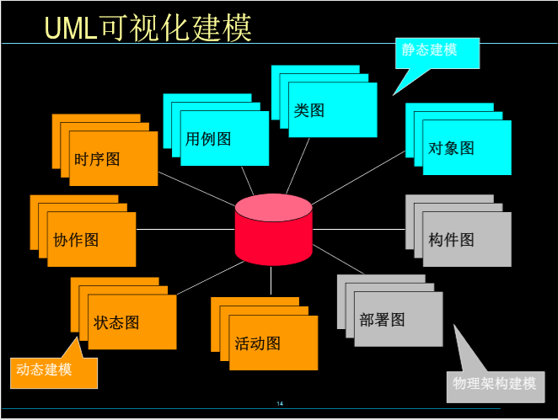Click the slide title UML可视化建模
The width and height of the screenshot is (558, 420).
[x=148, y=28]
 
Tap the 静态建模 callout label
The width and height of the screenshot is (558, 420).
[x=429, y=50]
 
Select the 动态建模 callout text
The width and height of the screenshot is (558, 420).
[x=44, y=369]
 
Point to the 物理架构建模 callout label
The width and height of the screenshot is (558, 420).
[x=494, y=384]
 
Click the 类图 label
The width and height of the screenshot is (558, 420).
[x=309, y=110]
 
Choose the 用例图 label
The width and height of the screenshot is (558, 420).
[x=208, y=139]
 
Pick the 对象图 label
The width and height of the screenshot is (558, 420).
[x=451, y=148]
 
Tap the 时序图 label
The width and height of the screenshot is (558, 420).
[x=97, y=159]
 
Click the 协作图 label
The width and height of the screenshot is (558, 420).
[x=76, y=240]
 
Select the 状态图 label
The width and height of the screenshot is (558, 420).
[x=116, y=322]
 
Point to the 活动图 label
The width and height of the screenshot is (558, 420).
[x=257, y=343]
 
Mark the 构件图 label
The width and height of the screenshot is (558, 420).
[x=451, y=240]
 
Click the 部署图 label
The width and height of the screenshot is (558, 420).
[x=382, y=320]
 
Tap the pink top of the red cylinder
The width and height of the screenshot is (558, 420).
[x=274, y=208]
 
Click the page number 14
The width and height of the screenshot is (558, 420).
[x=280, y=404]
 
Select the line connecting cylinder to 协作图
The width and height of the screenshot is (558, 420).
[x=185, y=229]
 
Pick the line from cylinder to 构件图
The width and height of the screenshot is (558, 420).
[x=359, y=229]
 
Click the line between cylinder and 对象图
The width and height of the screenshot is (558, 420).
[x=359, y=178]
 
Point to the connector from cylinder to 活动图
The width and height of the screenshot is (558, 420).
[x=271, y=280]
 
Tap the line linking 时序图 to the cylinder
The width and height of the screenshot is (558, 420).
[x=196, y=189]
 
